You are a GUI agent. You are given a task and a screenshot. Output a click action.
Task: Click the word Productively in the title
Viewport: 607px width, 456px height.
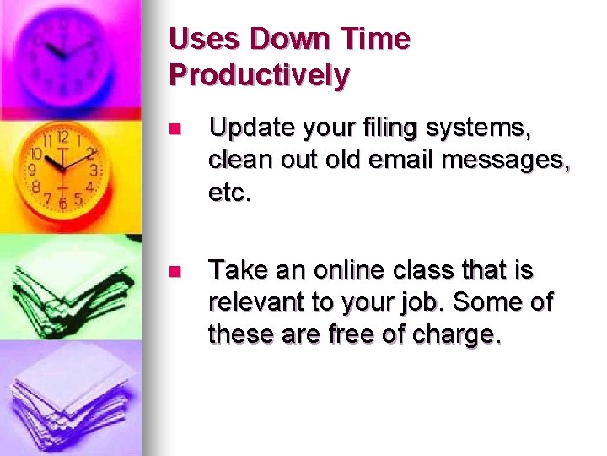(259, 74)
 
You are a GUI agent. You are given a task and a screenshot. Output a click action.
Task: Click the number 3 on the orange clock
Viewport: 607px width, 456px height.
(94, 170)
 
